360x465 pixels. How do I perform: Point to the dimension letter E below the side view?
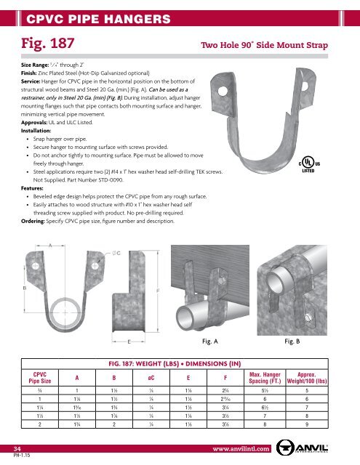[129, 340]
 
